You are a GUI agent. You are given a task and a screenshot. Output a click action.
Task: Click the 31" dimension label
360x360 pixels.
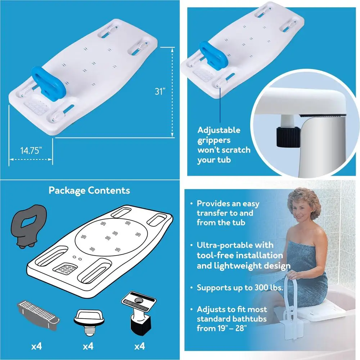[x=160, y=91]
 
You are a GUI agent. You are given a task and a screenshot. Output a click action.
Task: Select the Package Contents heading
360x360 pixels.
[x=89, y=190]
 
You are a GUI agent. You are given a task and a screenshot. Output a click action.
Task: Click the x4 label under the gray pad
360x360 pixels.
[x=36, y=347]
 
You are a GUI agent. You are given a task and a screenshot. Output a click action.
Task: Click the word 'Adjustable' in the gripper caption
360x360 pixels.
[x=219, y=130]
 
